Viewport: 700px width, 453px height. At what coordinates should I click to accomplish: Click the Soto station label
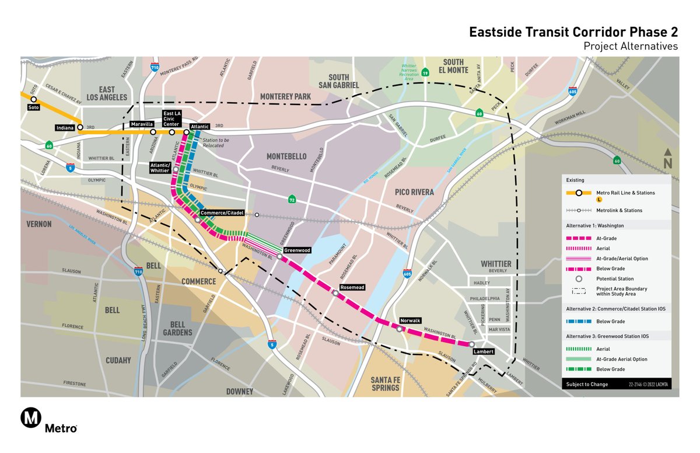click(x=34, y=107)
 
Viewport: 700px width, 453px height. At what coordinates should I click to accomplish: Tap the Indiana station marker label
click(x=65, y=127)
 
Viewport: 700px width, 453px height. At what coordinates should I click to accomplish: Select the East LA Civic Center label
click(x=171, y=118)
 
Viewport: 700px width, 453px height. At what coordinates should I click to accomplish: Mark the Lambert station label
click(x=484, y=351)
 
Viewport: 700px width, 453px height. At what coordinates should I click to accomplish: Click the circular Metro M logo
click(x=30, y=417)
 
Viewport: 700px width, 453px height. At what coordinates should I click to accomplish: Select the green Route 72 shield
click(x=292, y=200)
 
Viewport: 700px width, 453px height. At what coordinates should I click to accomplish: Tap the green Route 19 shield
click(x=426, y=72)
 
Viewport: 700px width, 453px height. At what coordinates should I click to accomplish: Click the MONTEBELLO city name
click(x=286, y=156)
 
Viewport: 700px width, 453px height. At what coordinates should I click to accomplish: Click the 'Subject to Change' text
click(x=586, y=384)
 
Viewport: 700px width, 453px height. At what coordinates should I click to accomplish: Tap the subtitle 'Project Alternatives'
click(x=631, y=46)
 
